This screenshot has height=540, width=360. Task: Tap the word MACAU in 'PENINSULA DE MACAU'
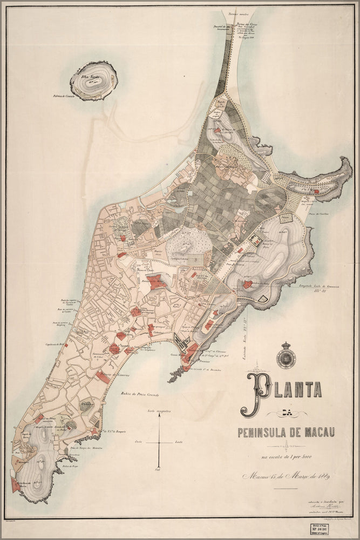click(x=316, y=432)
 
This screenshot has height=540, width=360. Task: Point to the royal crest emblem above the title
click(x=286, y=356)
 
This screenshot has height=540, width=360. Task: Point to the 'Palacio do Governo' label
click(x=113, y=375)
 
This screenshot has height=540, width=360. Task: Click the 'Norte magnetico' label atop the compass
click(x=159, y=411)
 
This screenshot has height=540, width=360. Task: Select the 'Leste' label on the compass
click(x=179, y=442)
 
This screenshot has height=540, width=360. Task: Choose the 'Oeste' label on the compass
click(x=139, y=442)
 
